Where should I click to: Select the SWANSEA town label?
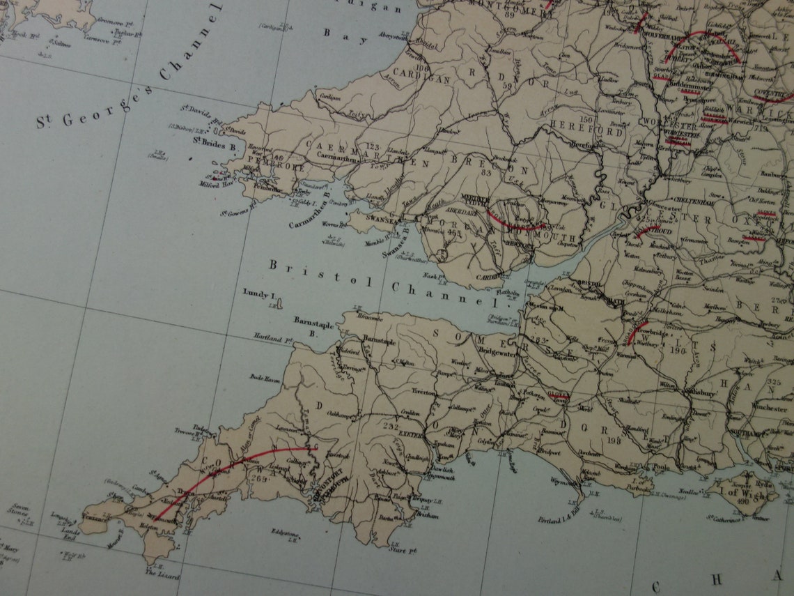[x=381, y=218]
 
